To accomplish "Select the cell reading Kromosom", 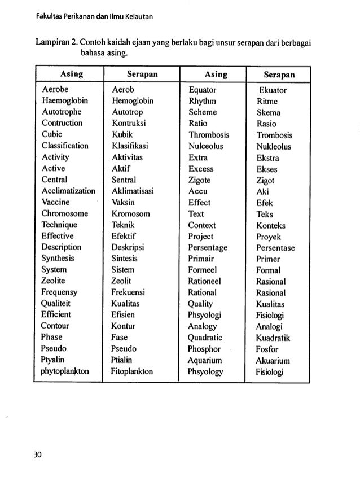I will (x=131, y=213).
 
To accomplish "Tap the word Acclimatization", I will (x=69, y=191).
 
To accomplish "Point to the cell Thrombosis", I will (x=208, y=135).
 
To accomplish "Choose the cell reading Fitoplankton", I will (x=133, y=371).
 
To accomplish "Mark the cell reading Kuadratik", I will (x=276, y=338).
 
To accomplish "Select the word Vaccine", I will (x=56, y=202).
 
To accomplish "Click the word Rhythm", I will (x=201, y=101).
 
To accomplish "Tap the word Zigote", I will (x=200, y=180).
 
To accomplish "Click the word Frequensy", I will (x=60, y=292).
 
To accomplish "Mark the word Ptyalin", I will (x=54, y=360).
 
